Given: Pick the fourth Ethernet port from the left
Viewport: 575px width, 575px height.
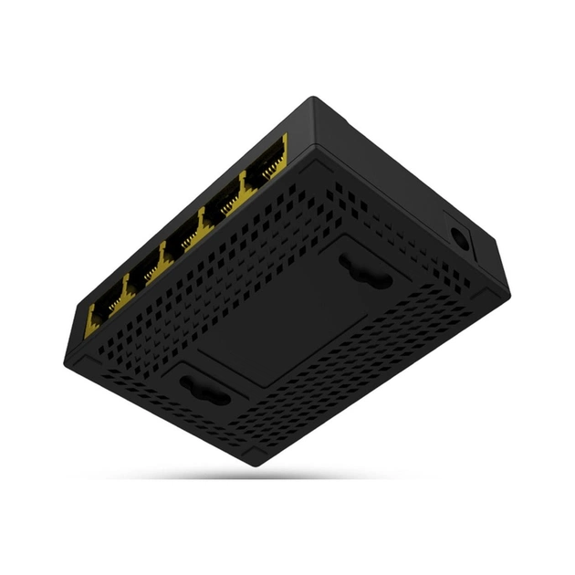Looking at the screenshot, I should coord(222,208).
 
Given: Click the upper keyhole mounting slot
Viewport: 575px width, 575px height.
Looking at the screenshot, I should coord(361,270).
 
